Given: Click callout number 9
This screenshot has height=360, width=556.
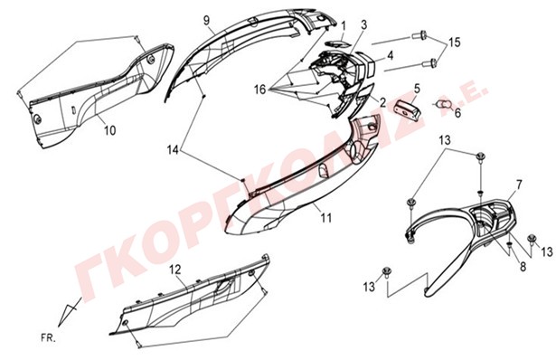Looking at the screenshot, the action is [x=207, y=20].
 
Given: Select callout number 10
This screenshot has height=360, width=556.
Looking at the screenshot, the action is [x=110, y=130].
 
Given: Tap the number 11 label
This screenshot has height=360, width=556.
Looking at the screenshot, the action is [x=325, y=217].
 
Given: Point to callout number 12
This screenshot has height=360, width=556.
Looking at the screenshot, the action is [x=175, y=270].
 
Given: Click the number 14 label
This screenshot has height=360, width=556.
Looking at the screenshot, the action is [x=173, y=150].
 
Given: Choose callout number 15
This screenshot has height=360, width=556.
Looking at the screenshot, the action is [x=454, y=43].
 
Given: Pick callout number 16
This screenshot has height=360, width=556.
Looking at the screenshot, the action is [x=259, y=90].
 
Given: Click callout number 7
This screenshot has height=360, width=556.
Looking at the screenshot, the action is [x=519, y=185].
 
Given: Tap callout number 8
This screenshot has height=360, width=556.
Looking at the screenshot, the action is [x=523, y=266].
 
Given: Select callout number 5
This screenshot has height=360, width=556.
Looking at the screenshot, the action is [x=417, y=88].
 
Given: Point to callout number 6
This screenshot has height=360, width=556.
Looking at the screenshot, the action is [x=457, y=113].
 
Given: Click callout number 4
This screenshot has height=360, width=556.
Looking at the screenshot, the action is [x=390, y=55].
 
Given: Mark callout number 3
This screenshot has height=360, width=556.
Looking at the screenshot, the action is [x=364, y=24].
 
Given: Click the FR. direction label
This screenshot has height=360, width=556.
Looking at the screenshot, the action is [x=48, y=338].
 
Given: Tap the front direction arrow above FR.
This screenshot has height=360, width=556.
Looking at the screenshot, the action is [x=69, y=311].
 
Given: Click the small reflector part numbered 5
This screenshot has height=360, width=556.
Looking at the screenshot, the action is [x=409, y=109].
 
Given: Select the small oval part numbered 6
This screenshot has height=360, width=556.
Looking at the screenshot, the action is [x=444, y=105].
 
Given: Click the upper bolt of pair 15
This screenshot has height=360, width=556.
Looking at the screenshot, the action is [x=420, y=35].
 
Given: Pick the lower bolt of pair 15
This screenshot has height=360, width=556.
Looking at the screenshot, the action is [x=429, y=64].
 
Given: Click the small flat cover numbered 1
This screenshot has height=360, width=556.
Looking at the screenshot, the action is [x=337, y=44].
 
